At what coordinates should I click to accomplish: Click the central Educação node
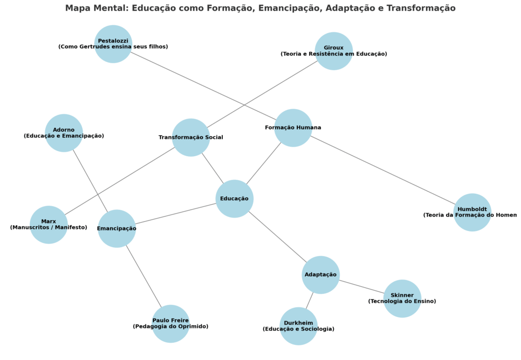[x=234, y=198]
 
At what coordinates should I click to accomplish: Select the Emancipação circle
[x=117, y=228]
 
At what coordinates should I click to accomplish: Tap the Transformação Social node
[x=191, y=137]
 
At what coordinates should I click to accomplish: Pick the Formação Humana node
[x=293, y=128]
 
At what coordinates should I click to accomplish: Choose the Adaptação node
[x=321, y=275]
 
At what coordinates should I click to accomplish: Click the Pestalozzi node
[x=113, y=44]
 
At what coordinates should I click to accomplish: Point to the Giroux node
[x=334, y=51]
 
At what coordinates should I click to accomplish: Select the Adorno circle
[x=64, y=133]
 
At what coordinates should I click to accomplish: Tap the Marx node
[x=48, y=224]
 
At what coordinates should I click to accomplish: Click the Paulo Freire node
[x=170, y=323]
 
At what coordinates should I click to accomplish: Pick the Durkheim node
[x=298, y=326]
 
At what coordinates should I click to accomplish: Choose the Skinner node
[x=402, y=298]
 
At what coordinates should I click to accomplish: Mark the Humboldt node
[x=472, y=212]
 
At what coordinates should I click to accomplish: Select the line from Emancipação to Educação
[x=176, y=214]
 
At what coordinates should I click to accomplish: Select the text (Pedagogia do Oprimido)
[x=170, y=326]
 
